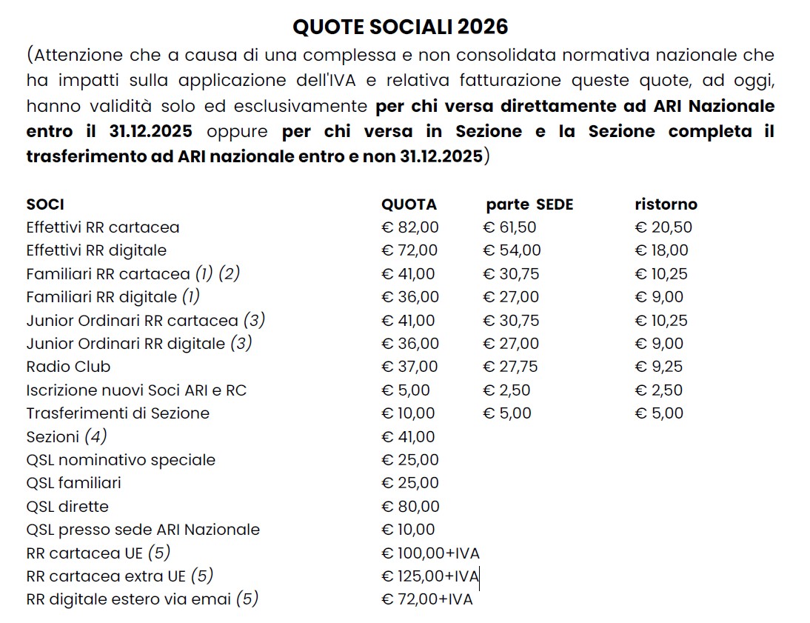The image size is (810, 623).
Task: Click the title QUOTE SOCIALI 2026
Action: point(401,27)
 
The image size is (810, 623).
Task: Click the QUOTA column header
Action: point(409,204)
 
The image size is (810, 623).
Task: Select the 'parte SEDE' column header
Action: point(529,204)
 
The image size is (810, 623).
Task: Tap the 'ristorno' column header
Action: point(666,204)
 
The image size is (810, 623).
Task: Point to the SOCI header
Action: point(44,204)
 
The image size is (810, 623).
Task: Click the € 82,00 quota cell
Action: point(409,227)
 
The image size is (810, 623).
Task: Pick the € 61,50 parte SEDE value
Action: point(509,227)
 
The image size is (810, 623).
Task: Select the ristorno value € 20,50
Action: point(663,227)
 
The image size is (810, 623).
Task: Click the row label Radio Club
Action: point(68,367)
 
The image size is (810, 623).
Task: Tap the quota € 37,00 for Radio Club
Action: point(409,367)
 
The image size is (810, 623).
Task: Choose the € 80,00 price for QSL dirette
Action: point(410,507)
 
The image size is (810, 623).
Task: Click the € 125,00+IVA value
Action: point(430,576)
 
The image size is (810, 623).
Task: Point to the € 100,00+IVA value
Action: point(430,553)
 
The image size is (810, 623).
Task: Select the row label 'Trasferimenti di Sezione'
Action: point(118,413)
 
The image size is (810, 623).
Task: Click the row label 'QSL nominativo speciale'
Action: point(121,460)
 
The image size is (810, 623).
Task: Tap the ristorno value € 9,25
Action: point(659,367)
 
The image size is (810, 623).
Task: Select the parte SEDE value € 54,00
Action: point(512,250)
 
